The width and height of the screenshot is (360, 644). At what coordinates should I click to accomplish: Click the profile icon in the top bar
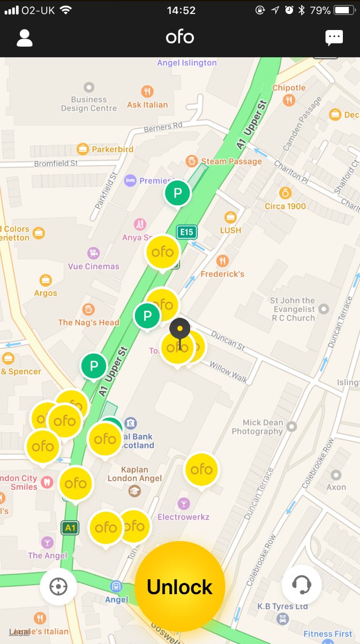tap(25, 38)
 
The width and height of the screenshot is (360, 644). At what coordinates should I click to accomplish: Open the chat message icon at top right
tap(334, 38)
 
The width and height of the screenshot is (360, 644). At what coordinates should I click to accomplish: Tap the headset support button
tap(302, 585)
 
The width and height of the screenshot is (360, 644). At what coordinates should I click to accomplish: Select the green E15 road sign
tap(186, 232)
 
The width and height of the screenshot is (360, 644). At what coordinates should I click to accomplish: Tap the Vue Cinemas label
tap(94, 266)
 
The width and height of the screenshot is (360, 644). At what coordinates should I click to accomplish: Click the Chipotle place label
tap(289, 88)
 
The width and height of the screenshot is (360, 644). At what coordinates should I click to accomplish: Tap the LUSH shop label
tap(230, 230)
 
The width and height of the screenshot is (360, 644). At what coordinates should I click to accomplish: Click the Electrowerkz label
tap(183, 517)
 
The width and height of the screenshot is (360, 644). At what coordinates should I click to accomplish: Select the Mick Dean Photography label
tap(257, 427)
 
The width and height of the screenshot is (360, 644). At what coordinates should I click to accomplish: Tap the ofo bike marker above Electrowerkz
tap(201, 469)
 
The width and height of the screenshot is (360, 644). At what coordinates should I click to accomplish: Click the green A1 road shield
tap(70, 528)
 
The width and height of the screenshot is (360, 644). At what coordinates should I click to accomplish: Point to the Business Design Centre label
tap(89, 103)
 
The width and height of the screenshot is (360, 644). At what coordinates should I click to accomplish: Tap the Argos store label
tap(46, 293)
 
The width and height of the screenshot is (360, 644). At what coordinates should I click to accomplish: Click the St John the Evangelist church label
tap(292, 309)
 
